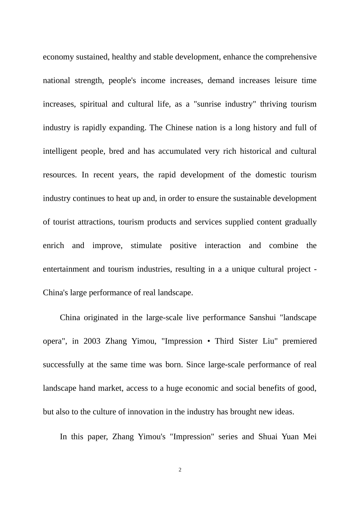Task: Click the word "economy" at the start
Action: pos(58,57)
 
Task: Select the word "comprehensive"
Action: pos(291,57)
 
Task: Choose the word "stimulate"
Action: pos(146,246)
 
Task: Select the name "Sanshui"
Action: pos(262,318)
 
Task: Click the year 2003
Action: pos(92,341)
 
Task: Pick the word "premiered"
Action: pos(299,341)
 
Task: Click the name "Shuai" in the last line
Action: pos(268,437)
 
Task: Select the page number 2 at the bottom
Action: pos(180,470)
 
